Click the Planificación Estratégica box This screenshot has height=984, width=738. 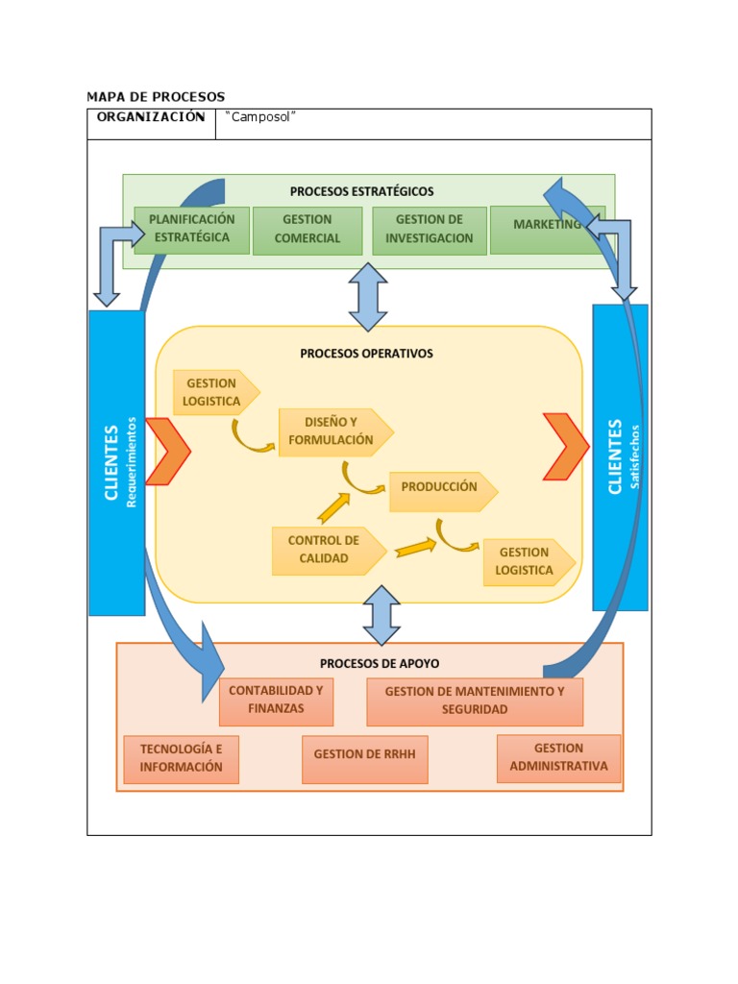[191, 229]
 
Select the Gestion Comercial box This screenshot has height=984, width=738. [307, 230]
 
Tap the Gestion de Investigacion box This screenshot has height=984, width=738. [429, 230]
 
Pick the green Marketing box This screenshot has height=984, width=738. [546, 229]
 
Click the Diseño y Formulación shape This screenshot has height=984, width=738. [332, 431]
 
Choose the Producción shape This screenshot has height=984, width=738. [440, 488]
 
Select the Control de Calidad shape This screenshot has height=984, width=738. [325, 550]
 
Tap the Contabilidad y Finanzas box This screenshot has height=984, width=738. [276, 701]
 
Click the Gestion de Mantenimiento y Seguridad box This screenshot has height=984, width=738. [475, 701]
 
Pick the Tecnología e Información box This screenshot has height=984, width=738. [181, 758]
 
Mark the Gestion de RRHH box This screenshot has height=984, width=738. [364, 755]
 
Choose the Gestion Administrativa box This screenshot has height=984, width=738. [558, 757]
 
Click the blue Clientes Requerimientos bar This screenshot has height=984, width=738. [116, 461]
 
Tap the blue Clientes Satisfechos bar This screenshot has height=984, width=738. [620, 456]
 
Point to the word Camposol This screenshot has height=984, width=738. [259, 117]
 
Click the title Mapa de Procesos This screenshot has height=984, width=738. [156, 97]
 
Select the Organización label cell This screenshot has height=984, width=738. [151, 118]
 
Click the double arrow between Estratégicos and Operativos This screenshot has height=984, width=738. [368, 297]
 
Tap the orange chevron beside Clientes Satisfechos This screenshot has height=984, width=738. [565, 446]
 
